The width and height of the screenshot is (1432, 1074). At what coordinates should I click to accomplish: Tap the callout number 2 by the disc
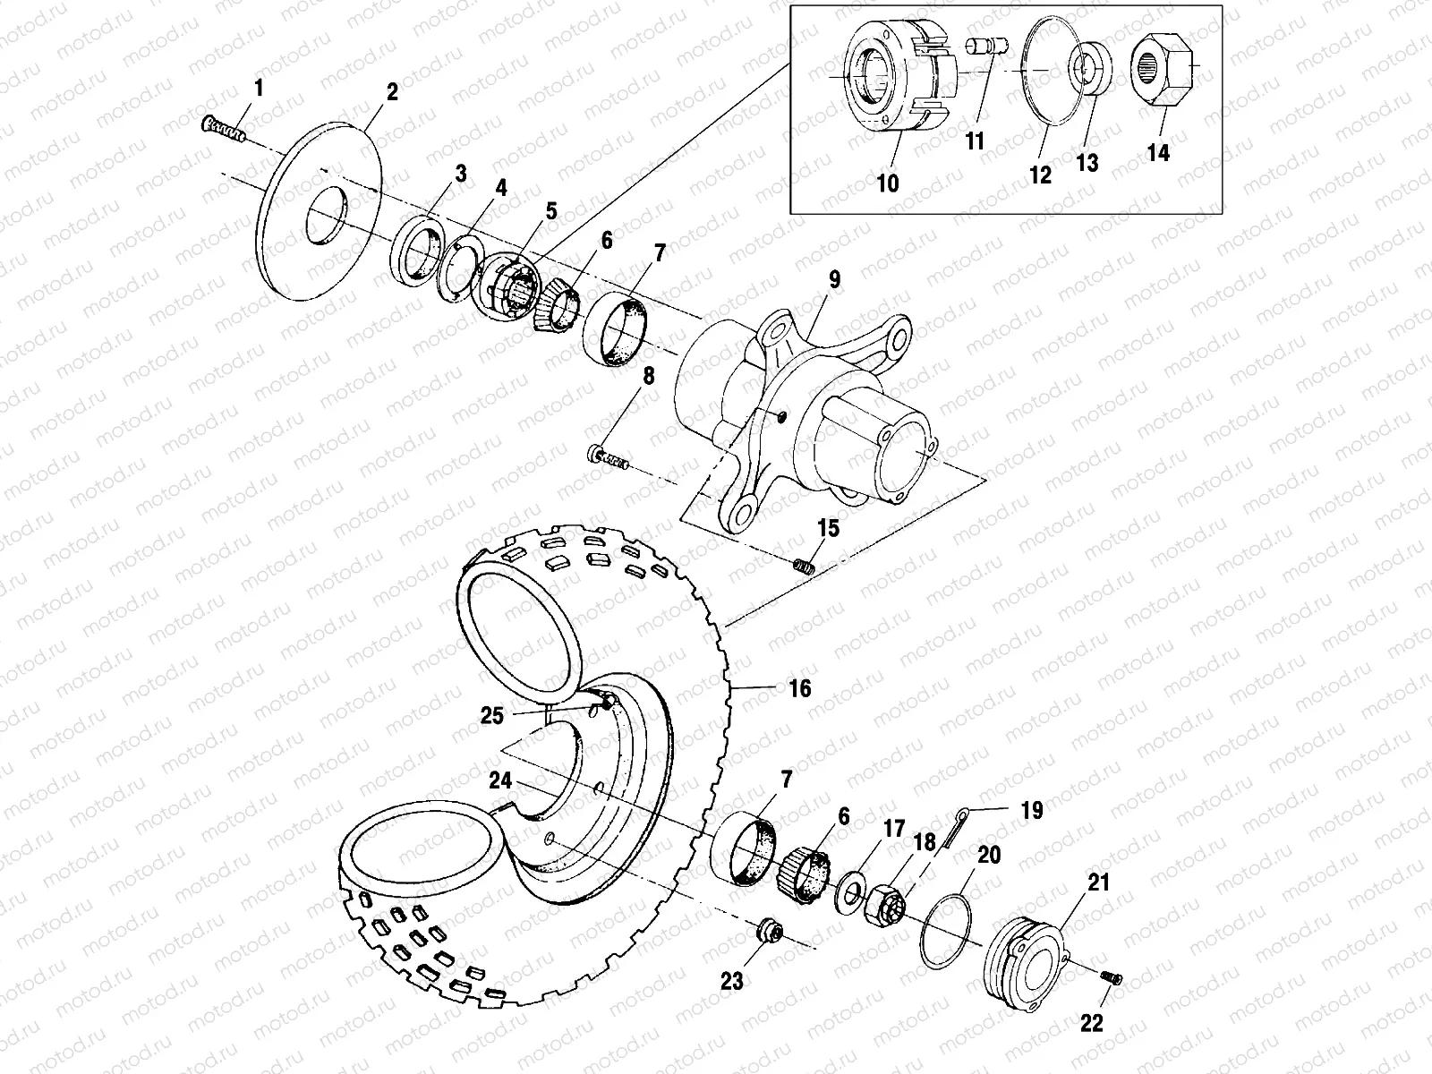tap(391, 93)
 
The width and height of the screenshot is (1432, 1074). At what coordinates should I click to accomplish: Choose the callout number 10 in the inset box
tap(887, 183)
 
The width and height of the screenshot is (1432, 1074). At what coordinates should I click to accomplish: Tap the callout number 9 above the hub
tap(834, 280)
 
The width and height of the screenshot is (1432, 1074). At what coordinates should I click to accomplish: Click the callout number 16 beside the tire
tap(799, 687)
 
